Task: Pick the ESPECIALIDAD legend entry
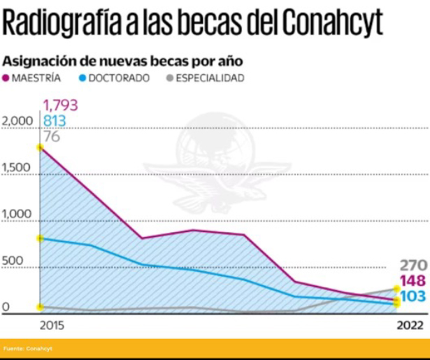204,78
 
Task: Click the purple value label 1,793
60,106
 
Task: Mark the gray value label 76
52,136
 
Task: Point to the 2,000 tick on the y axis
18,122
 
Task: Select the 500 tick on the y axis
13,261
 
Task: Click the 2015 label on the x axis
51,325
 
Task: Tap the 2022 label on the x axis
410,325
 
